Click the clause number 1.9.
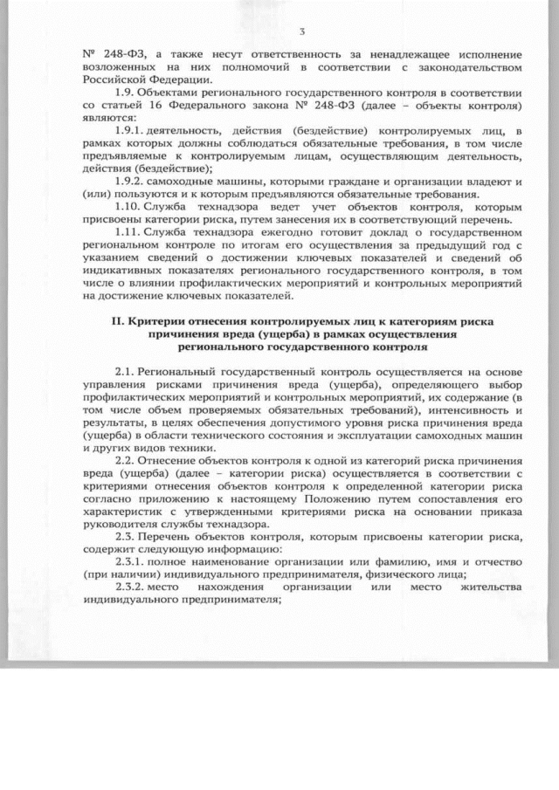point(126,92)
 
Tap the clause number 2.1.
point(126,372)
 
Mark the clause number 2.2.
point(126,461)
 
